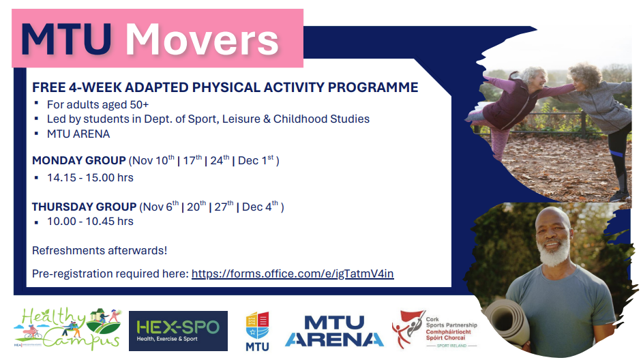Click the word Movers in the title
click(202, 40)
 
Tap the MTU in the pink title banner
click(67, 40)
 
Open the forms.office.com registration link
click(293, 273)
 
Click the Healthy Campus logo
click(68, 329)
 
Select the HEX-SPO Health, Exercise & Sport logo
click(178, 331)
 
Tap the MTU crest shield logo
click(257, 331)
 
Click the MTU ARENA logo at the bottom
click(334, 331)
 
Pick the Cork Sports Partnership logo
click(434, 330)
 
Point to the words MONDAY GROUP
click(79, 161)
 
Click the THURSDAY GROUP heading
click(84, 207)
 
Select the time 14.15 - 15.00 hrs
click(90, 178)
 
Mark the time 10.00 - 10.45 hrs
click(90, 222)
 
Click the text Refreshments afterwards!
click(100, 250)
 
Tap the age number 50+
click(139, 104)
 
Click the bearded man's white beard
click(554, 252)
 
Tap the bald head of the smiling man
click(553, 217)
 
